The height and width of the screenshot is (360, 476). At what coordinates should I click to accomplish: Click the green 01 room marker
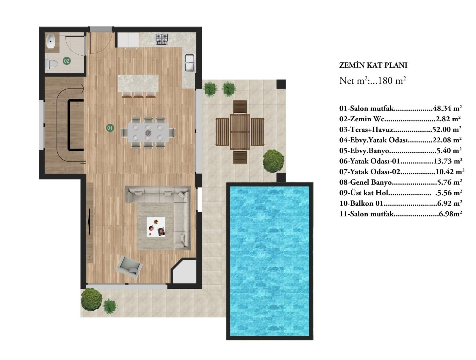pyautogui.click(x=109, y=127)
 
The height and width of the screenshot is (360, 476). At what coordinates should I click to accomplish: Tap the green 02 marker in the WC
pyautogui.click(x=66, y=61)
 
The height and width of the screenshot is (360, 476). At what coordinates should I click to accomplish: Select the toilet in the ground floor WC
pyautogui.click(x=51, y=64)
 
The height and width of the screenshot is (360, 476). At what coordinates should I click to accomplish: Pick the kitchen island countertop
pyautogui.click(x=138, y=83)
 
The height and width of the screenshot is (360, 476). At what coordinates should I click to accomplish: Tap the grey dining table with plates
pyautogui.click(x=148, y=132)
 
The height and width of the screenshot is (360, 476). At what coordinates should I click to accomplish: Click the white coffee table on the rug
pyautogui.click(x=155, y=226)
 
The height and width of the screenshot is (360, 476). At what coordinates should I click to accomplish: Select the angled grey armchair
pyautogui.click(x=129, y=267)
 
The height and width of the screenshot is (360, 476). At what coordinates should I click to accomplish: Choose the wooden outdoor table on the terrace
pyautogui.click(x=239, y=131)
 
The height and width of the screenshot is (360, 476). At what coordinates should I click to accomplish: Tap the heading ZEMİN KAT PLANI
pyautogui.click(x=372, y=65)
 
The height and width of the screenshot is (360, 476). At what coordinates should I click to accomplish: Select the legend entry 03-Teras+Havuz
pyautogui.click(x=366, y=129)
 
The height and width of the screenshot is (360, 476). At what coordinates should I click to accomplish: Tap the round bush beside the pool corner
pyautogui.click(x=273, y=161)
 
